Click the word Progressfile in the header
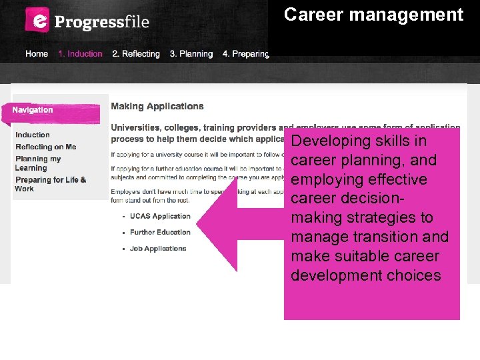point(102,21)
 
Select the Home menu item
point(37,54)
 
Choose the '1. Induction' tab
point(80,54)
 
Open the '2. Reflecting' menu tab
point(136,54)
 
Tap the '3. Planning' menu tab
point(191,54)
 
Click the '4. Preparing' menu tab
point(245,54)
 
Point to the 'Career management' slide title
point(373,15)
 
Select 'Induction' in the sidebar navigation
point(33,135)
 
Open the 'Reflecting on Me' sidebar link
point(46,147)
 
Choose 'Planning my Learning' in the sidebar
point(38,163)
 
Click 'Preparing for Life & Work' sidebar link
point(50,184)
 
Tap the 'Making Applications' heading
point(157,106)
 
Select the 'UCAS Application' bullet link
point(160,217)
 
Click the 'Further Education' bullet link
point(160,233)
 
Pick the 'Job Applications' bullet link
point(158,249)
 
